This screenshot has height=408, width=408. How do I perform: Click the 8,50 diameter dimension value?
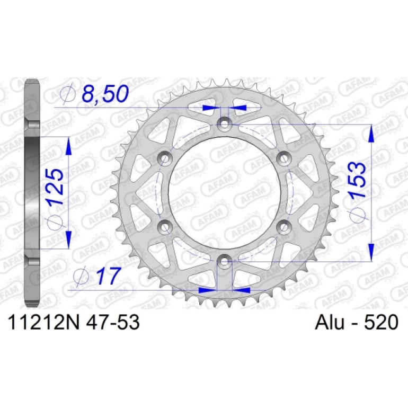105,93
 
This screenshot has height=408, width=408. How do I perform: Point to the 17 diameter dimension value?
108,276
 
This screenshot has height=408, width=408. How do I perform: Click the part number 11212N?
43,322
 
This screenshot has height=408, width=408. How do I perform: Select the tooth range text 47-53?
113,322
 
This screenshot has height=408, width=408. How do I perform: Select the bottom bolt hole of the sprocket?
224,262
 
